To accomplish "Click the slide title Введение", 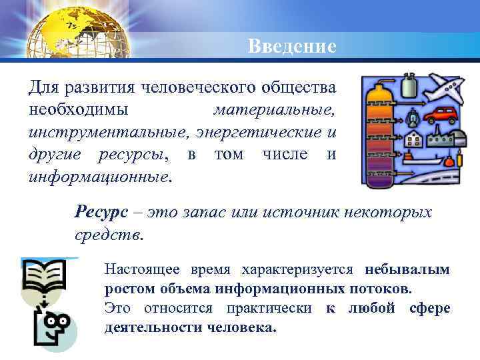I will [292, 46].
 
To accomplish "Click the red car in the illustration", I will [439, 115].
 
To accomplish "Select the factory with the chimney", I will [441, 141].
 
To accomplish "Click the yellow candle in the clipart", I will [459, 159].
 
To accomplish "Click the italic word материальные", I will [275, 109].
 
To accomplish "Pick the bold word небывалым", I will [407, 270].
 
